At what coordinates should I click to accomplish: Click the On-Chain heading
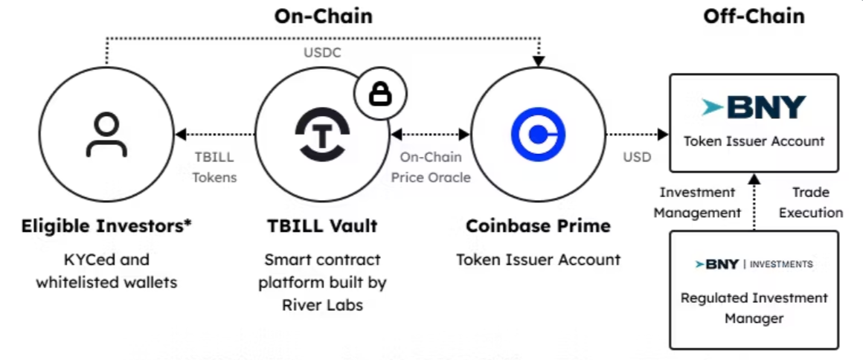(323, 16)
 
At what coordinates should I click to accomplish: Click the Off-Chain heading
(754, 16)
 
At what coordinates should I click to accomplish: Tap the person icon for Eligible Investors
(106, 135)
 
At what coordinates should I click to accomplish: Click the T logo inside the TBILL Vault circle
(323, 135)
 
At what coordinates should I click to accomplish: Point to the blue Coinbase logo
(538, 135)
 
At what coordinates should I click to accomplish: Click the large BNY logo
(754, 108)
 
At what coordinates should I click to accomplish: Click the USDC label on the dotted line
(322, 53)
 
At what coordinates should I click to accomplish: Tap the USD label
(637, 157)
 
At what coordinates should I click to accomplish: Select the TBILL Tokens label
(214, 167)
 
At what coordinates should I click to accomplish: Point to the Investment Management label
(697, 202)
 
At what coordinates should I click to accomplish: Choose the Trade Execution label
(810, 202)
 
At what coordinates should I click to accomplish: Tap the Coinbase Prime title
(538, 225)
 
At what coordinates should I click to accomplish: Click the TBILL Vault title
(323, 225)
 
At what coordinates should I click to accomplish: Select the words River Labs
(323, 304)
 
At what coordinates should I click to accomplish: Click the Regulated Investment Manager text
(754, 308)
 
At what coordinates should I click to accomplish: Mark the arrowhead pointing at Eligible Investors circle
(179, 135)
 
